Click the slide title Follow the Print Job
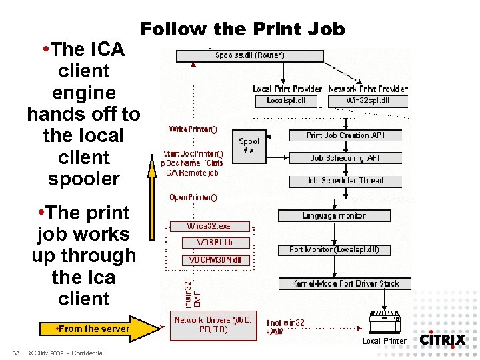click(243, 29)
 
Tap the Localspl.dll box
click(281, 101)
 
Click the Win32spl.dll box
click(368, 101)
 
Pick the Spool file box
click(249, 146)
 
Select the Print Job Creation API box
click(345, 135)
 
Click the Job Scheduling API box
click(345, 158)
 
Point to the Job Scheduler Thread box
click(345, 181)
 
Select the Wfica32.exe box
click(209, 227)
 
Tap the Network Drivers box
click(213, 325)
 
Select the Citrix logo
click(442, 339)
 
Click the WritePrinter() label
click(193, 128)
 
